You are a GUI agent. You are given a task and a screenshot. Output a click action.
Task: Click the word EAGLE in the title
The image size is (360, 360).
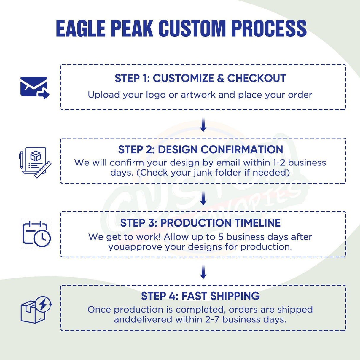(x=80, y=29)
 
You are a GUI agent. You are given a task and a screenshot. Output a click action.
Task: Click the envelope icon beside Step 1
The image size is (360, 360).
(x=34, y=88)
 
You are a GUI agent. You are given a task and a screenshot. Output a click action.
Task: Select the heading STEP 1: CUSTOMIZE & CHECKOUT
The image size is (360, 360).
(x=200, y=78)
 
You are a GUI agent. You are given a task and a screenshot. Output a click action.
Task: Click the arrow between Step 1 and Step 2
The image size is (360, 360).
(x=203, y=125)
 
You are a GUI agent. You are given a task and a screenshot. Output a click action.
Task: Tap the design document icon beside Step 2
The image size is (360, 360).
(x=35, y=162)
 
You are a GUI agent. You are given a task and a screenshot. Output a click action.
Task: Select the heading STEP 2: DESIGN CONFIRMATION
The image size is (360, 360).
(x=200, y=149)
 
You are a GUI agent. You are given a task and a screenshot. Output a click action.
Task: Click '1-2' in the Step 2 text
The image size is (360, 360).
(x=279, y=163)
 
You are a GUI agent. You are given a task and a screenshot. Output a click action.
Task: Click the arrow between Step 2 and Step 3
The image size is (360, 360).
(x=203, y=198)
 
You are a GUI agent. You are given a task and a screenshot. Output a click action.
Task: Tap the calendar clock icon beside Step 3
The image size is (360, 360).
(x=36, y=234)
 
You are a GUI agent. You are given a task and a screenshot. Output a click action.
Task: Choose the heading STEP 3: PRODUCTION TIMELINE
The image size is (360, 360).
(x=200, y=223)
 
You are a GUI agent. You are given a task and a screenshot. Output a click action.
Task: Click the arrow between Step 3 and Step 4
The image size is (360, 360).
(x=203, y=272)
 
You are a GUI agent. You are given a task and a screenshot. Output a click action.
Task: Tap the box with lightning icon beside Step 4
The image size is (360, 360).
(x=36, y=309)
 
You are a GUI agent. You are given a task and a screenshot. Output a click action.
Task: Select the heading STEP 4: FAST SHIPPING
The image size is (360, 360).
(x=200, y=296)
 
